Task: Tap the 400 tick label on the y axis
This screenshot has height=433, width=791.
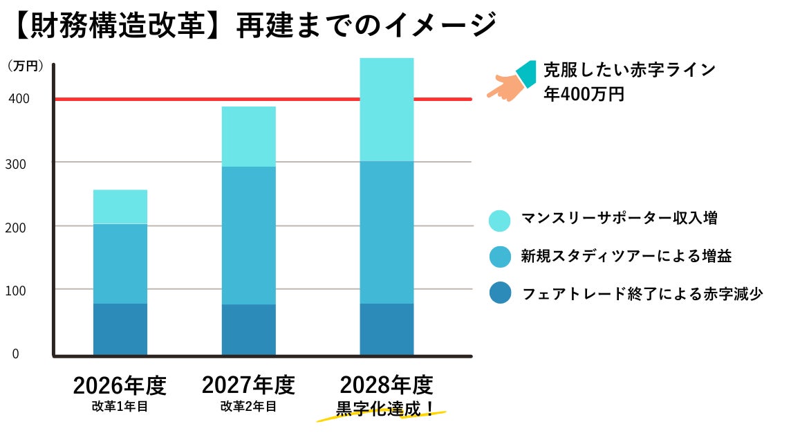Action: click(x=19, y=99)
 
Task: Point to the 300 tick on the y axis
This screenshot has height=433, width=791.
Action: click(x=19, y=163)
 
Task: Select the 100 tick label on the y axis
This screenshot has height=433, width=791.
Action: click(x=19, y=290)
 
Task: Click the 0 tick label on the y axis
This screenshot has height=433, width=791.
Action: click(x=15, y=353)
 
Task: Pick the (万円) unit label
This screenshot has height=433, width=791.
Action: click(x=26, y=66)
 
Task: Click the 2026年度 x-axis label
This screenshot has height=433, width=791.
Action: click(x=120, y=385)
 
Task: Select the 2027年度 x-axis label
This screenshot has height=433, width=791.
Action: click(x=248, y=385)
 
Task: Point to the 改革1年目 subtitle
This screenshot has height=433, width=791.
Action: click(x=120, y=407)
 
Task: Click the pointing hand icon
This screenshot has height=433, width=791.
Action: click(x=512, y=82)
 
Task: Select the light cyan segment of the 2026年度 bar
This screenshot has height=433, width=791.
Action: click(x=120, y=207)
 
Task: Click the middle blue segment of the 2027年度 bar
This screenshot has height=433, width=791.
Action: click(x=248, y=235)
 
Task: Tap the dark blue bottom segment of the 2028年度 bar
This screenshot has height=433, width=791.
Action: click(x=387, y=329)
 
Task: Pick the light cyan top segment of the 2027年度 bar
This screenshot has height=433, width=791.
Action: click(x=248, y=136)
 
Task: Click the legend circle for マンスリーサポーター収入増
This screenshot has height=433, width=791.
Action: click(x=499, y=219)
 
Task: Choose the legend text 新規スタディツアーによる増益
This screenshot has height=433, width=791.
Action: click(x=626, y=257)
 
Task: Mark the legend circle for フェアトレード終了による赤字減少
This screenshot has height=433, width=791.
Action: click(x=499, y=293)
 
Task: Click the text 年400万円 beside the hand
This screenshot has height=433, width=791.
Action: click(x=584, y=94)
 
